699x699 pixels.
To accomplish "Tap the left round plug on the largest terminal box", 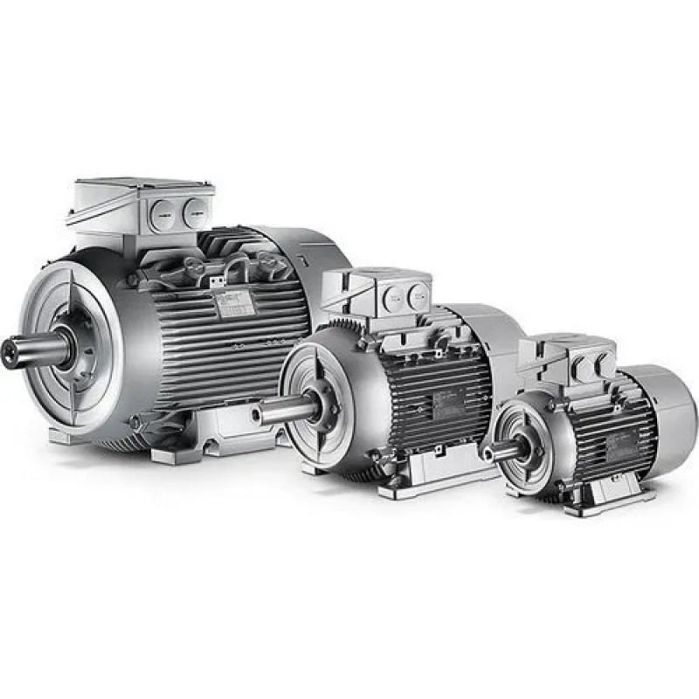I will tap(163, 214).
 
